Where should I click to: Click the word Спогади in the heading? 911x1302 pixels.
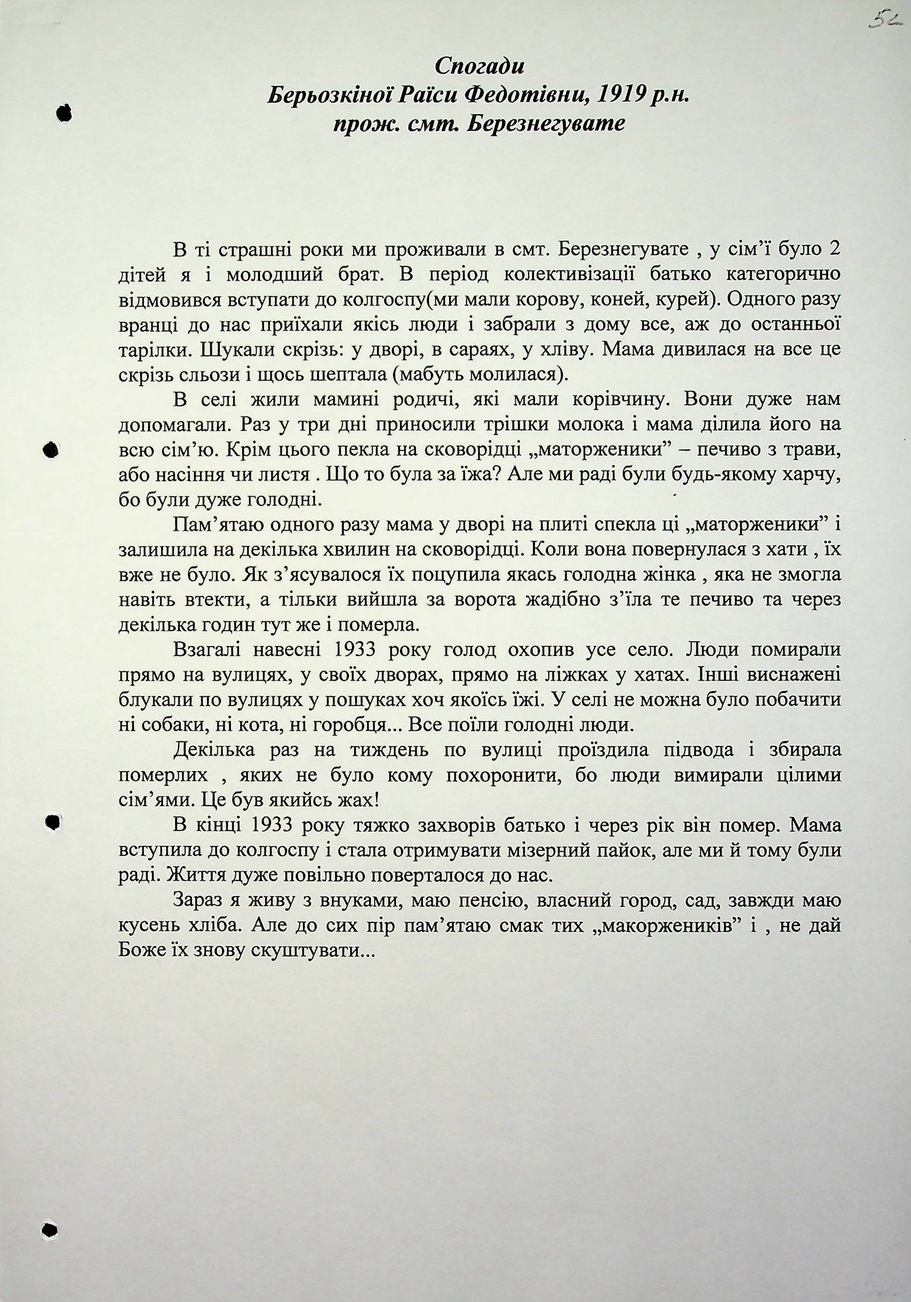(479, 66)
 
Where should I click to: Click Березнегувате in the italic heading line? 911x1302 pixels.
(545, 124)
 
